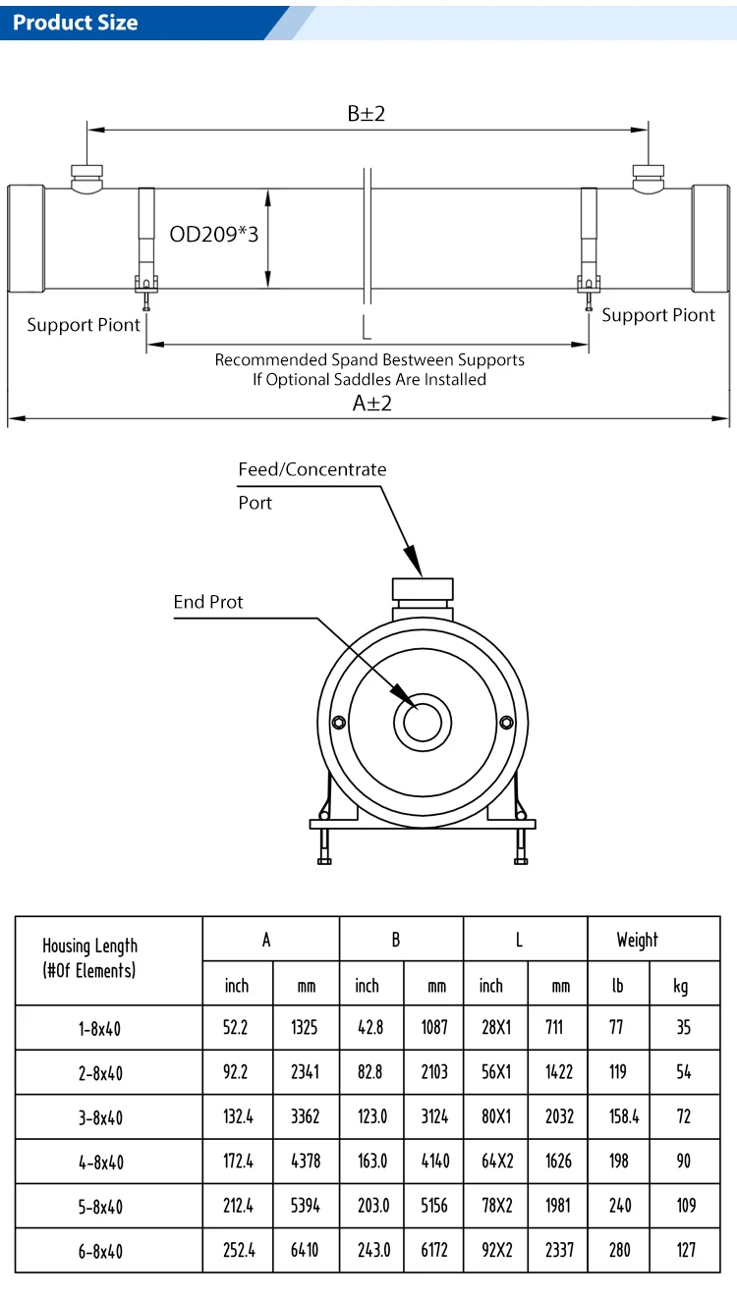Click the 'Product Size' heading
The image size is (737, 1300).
[x=76, y=22]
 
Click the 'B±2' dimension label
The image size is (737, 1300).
[x=367, y=114]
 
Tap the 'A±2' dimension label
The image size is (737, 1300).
[x=372, y=403]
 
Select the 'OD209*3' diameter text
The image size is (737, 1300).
[x=214, y=234]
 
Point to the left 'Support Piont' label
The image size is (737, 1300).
[x=84, y=325]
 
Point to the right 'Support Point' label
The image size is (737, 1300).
[x=658, y=315]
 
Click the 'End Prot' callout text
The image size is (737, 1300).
[x=208, y=602]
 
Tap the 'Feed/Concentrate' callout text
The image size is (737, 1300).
[x=312, y=469]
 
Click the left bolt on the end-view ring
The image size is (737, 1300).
[x=339, y=724]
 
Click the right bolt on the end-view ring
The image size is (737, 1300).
[x=507, y=724]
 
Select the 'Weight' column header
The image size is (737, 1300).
[x=638, y=940]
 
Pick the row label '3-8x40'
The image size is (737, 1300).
[x=100, y=1117]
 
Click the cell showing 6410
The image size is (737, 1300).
[x=305, y=1250]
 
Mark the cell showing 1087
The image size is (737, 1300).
[x=432, y=1028]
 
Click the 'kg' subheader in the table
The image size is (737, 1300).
[x=681, y=985]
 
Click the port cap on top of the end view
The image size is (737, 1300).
[x=423, y=589]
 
